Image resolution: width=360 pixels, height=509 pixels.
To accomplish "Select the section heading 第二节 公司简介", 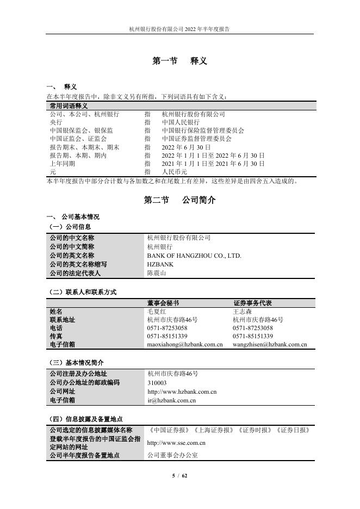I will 179,200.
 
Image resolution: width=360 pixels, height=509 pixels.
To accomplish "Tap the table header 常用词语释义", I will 68,105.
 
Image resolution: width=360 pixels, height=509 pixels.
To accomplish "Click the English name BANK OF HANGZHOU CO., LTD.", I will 194,255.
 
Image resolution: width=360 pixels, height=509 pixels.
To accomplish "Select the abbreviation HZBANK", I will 162,264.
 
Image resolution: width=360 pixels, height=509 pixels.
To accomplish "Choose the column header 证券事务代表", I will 252,303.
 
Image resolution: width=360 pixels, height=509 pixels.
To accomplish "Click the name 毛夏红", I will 157,312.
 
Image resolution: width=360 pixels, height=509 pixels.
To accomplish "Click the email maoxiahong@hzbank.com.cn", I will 185,344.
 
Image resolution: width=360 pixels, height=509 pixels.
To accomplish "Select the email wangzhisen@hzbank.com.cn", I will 270,344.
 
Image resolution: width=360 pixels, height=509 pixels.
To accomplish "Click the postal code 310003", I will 157,383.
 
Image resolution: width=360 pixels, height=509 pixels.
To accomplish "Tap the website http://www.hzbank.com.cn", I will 182,392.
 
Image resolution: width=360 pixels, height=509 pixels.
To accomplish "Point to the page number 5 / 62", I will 179,476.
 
